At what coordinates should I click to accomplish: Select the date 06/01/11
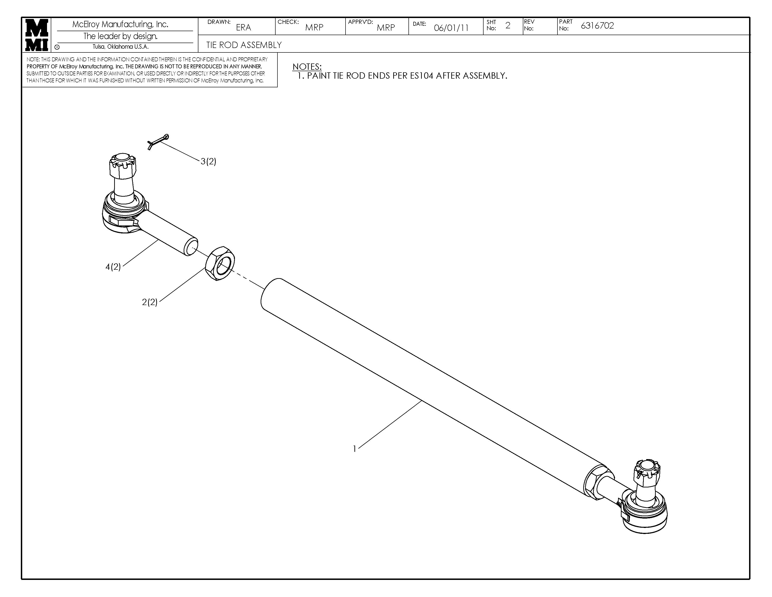tap(451, 28)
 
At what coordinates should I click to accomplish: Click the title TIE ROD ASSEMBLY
tap(244, 45)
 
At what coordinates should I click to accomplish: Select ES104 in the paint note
tap(421, 76)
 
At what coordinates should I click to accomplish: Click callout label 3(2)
tap(208, 162)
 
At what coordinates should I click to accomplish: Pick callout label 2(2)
tap(149, 302)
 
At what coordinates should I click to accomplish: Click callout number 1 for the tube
tap(355, 449)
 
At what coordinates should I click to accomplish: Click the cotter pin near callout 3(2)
tap(158, 141)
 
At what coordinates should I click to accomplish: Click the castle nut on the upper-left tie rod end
tap(123, 166)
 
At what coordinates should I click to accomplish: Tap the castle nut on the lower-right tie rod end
tap(647, 473)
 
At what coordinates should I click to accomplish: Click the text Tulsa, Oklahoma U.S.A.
tap(120, 47)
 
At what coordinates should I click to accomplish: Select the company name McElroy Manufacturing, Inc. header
tap(120, 24)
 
